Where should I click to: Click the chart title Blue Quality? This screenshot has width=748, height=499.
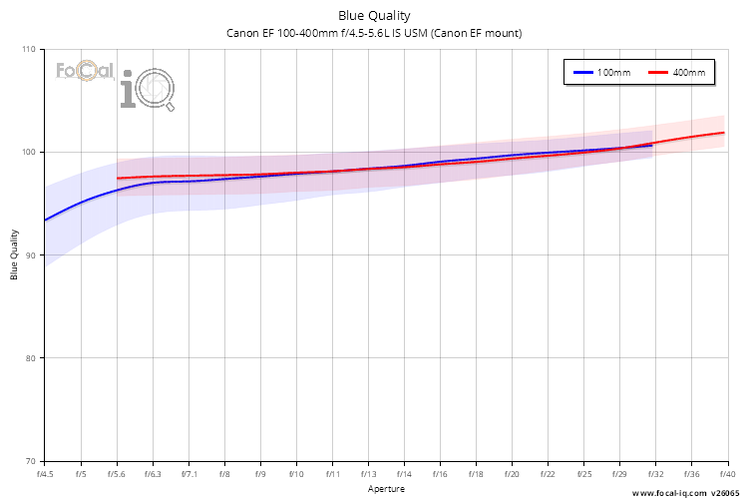click(374, 15)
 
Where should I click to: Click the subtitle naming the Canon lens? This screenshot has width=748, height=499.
click(374, 33)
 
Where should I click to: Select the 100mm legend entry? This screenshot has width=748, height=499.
click(600, 74)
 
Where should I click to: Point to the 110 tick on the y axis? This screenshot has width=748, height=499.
click(27, 49)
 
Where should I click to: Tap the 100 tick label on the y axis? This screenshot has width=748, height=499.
click(27, 152)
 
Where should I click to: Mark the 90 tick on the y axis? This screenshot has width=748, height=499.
click(29, 255)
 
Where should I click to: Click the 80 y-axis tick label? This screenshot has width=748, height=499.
click(29, 358)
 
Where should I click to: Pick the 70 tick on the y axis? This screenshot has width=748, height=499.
click(29, 461)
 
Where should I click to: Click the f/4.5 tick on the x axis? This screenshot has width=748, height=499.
click(45, 474)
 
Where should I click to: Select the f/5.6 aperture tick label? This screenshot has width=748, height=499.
click(117, 474)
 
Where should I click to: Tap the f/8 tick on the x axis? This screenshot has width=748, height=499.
click(224, 474)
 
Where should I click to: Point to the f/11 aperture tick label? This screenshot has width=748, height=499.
click(332, 474)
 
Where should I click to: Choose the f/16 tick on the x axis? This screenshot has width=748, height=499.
click(440, 474)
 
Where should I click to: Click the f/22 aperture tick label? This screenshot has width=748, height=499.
click(548, 474)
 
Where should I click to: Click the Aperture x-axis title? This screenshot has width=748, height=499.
click(386, 489)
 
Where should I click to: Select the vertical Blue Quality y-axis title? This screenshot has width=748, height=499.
click(15, 255)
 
